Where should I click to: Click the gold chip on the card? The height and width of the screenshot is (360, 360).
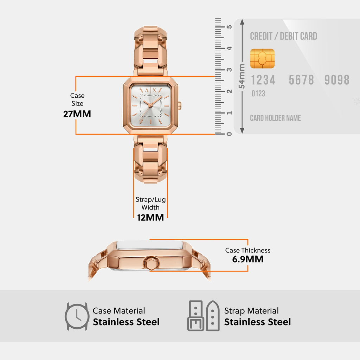coord(262,59)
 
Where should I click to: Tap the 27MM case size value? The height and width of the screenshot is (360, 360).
coord(77,114)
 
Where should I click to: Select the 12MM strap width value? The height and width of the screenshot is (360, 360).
coord(150,217)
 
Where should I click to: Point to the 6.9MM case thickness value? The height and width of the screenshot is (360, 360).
coord(248,259)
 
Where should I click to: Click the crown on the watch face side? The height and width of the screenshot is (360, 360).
coord(180,105)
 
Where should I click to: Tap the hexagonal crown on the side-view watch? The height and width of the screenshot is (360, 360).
coord(151,263)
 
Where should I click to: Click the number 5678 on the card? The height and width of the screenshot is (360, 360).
coord(301,80)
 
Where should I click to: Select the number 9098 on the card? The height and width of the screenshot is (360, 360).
coord(337,80)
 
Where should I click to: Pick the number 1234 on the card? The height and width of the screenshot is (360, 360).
coord(263,80)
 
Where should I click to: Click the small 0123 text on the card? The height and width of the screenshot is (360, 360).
coord(258,94)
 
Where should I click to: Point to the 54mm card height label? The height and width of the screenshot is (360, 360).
coord(242,76)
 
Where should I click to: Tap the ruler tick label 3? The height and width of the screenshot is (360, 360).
coord(229,70)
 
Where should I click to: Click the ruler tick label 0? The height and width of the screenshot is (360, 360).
coord(229,134)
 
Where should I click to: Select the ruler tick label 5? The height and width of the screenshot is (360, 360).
coord(229,27)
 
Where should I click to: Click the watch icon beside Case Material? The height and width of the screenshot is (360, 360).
coord(77,316)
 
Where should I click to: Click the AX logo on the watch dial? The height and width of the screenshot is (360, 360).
coord(150,90)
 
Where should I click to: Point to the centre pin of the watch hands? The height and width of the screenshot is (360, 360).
coord(150,105)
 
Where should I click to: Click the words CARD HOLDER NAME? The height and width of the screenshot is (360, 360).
coord(275,118)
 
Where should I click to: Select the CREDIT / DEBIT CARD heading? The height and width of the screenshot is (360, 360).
coord(284,36)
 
